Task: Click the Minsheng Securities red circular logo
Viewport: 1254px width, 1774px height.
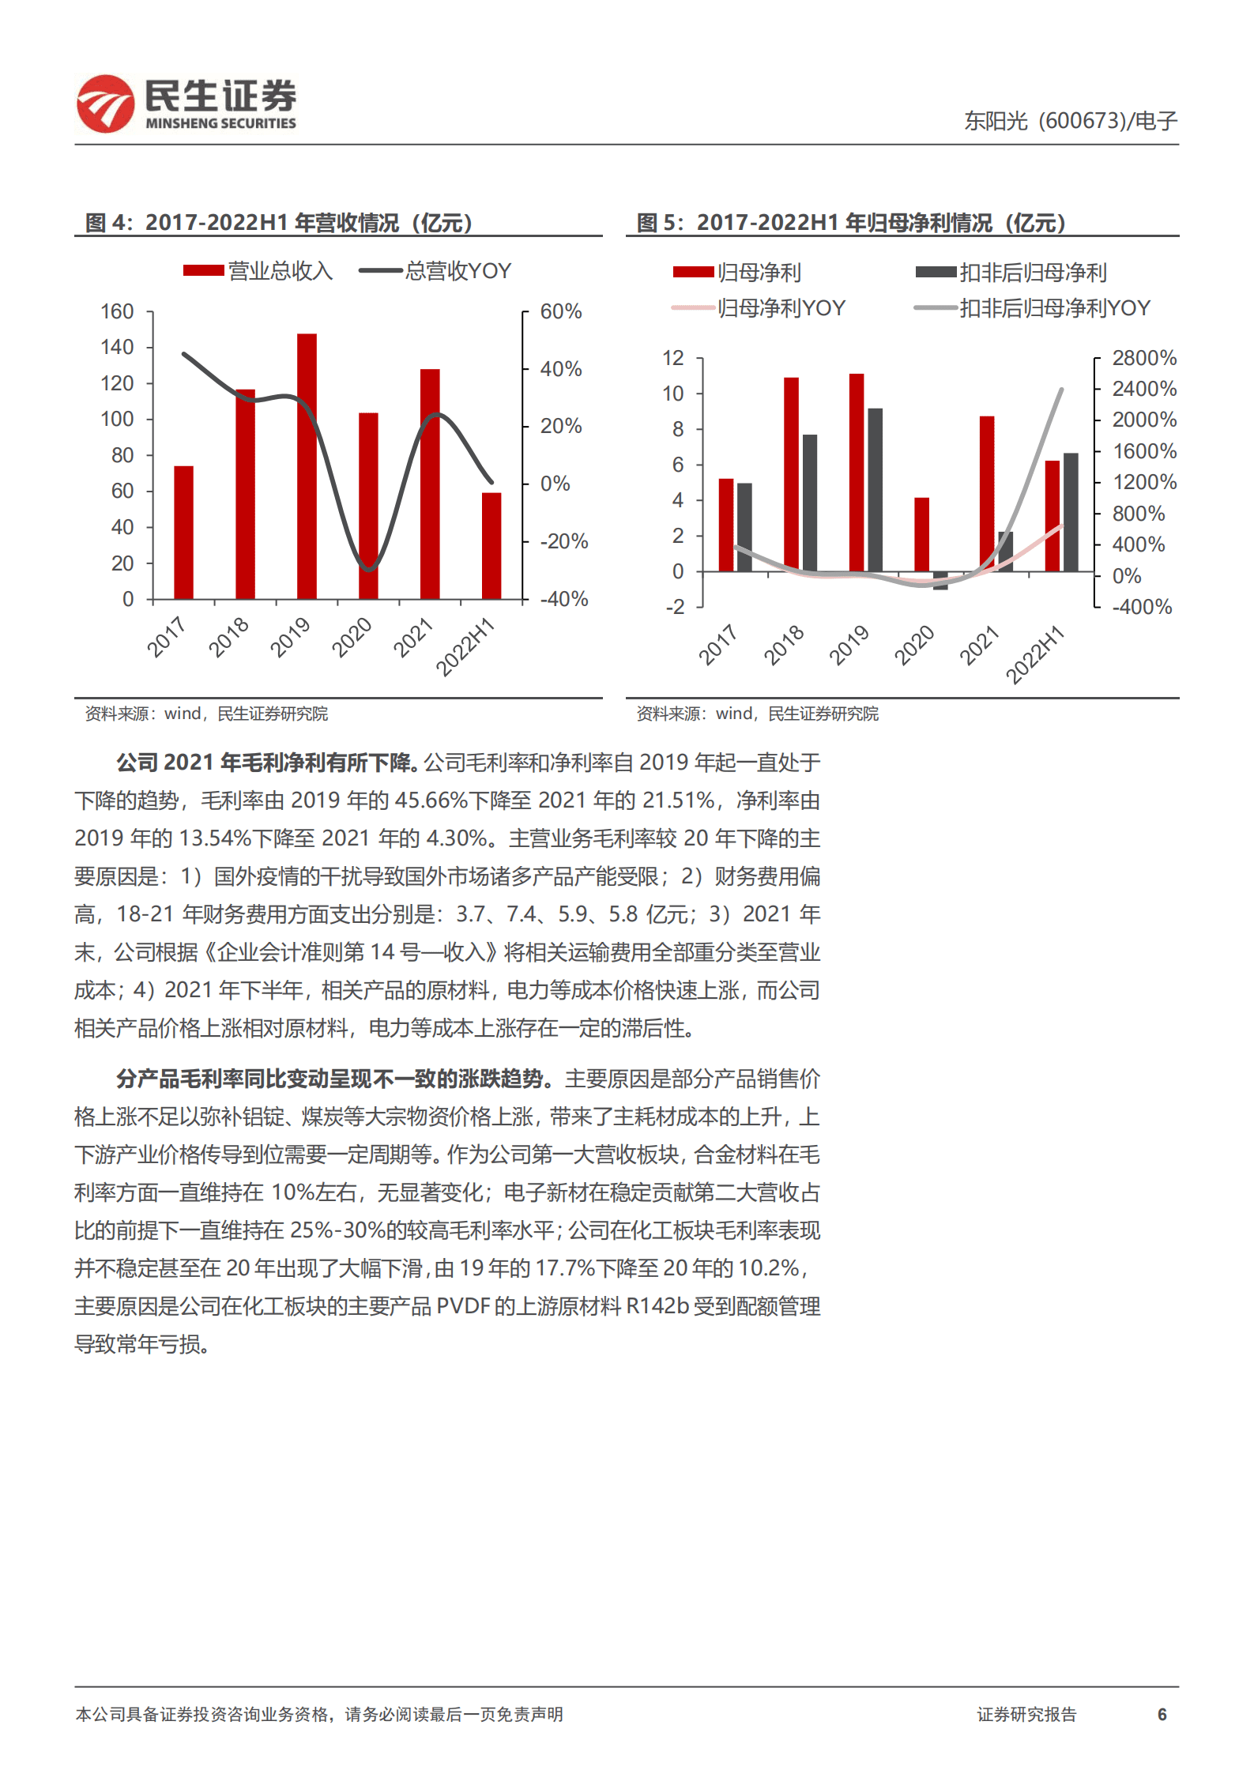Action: pos(105,104)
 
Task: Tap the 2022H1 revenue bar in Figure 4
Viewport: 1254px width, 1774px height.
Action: pos(491,545)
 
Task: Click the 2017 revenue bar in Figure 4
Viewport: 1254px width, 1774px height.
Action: pos(183,532)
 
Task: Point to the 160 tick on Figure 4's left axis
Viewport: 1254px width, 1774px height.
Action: pos(117,312)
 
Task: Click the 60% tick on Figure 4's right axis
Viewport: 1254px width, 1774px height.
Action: pos(561,312)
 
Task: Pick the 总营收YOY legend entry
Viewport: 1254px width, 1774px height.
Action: pos(435,271)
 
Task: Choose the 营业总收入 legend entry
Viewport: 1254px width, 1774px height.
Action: pos(258,271)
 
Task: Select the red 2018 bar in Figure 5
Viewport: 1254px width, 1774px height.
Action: pos(791,474)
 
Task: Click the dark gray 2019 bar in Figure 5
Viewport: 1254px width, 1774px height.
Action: pos(875,490)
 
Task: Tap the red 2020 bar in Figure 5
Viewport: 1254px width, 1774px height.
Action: pos(921,534)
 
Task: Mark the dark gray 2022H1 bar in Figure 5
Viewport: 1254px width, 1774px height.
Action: pos(1071,512)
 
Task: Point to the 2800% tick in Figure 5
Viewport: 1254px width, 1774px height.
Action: pos(1144,359)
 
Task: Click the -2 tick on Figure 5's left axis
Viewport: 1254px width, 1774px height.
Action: pos(675,607)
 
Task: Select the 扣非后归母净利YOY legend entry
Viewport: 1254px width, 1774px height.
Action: pos(1032,308)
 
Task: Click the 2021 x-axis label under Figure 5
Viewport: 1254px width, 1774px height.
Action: pos(978,645)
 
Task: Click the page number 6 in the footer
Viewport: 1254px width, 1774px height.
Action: pos(1162,1714)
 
